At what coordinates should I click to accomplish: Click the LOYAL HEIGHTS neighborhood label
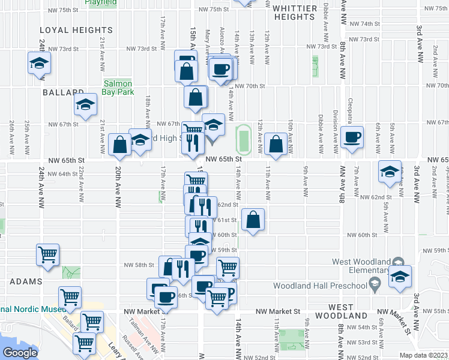click(x=69, y=29)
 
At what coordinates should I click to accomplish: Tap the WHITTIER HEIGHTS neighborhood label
click(x=294, y=13)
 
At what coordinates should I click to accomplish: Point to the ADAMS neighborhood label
click(x=25, y=281)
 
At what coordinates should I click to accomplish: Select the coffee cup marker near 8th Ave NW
click(x=352, y=137)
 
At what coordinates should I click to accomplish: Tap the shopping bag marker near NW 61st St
click(x=253, y=220)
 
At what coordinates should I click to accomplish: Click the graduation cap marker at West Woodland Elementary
click(x=399, y=277)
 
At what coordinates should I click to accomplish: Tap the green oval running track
click(x=243, y=138)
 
